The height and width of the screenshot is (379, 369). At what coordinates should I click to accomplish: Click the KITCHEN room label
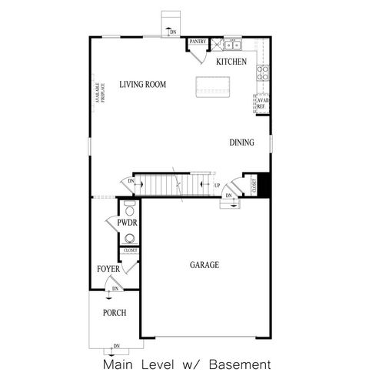pos(231,62)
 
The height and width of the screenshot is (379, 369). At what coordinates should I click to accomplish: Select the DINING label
pos(241,143)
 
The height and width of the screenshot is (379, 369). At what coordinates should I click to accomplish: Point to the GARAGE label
pos(204,265)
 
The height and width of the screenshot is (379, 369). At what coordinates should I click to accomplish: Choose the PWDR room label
pos(127,223)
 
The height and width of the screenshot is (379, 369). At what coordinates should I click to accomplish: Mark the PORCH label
pos(115,313)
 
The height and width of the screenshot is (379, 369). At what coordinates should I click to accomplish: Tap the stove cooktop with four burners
pos(263,73)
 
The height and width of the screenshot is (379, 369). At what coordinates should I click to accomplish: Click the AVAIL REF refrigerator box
pos(262,103)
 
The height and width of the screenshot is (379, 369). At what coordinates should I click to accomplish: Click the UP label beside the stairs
pos(218,185)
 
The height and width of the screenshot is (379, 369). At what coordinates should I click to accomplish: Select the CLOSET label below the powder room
pos(129,250)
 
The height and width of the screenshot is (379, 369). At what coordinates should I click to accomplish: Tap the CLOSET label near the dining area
pos(251,185)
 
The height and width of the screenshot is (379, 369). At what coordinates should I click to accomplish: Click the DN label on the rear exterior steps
pos(174,32)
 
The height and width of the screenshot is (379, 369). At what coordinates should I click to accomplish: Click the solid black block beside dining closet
pos(261,185)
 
